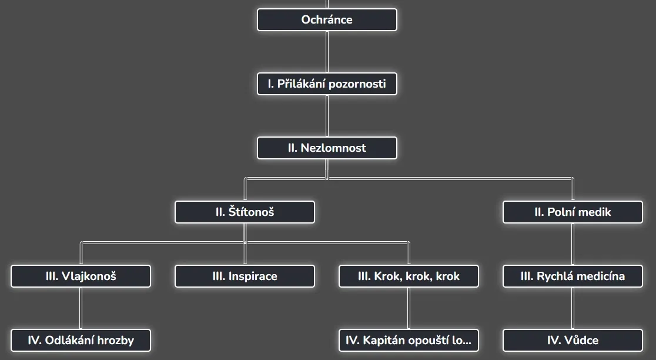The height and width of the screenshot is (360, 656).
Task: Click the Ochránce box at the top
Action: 327,19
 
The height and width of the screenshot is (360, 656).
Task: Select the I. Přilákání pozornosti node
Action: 327,84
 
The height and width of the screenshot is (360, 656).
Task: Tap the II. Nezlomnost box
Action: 327,148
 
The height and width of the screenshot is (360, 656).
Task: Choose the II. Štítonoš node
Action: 245,212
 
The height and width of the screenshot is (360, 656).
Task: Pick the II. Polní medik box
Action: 573,212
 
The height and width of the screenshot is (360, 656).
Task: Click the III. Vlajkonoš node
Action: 81,276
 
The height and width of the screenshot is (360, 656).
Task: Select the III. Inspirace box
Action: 245,276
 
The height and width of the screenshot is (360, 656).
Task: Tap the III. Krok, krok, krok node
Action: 409,276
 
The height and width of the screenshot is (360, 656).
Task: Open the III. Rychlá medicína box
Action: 573,276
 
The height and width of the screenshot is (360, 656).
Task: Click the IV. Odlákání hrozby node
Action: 81,340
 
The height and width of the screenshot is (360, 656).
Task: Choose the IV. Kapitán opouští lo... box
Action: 409,340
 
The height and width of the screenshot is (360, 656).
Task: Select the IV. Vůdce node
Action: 573,340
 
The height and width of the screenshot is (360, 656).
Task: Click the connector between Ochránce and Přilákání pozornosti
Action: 327,52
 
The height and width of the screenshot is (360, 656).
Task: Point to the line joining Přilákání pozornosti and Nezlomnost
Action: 327,116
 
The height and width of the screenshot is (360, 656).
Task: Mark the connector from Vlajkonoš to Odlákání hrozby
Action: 81,308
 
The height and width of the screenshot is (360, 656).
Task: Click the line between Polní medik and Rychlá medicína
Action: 573,244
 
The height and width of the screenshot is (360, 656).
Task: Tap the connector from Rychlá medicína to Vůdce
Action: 573,308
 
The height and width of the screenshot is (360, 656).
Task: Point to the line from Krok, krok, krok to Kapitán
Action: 409,308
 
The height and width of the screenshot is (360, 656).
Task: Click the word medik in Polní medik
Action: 595,212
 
